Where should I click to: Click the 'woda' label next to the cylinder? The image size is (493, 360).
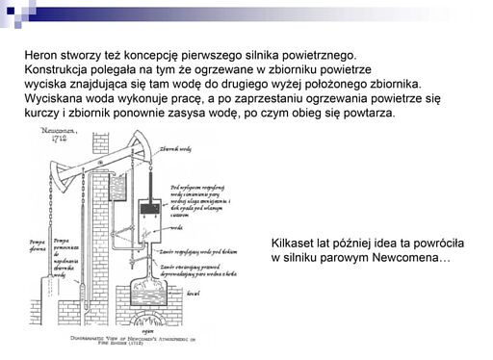[x=177, y=228]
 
